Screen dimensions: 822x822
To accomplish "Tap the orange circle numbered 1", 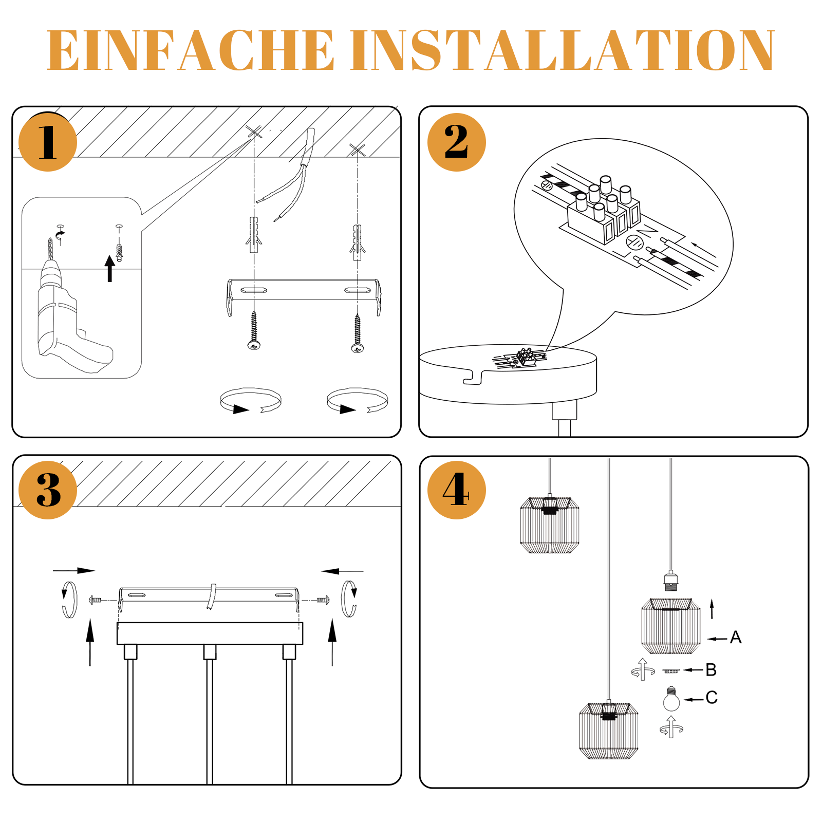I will (x=47, y=142).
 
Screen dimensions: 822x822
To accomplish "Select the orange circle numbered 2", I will (x=456, y=142).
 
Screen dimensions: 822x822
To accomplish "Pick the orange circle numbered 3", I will (x=47, y=490).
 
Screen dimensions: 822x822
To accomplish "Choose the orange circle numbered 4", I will (x=456, y=490).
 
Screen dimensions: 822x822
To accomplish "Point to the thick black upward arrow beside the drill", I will (x=109, y=268).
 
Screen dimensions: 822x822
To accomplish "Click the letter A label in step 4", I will (x=736, y=638).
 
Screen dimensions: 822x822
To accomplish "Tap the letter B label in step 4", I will (x=711, y=670).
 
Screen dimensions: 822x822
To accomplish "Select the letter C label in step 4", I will (x=711, y=698).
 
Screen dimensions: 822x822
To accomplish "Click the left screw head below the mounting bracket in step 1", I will (x=254, y=345).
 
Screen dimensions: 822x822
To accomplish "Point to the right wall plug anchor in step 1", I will (x=358, y=242).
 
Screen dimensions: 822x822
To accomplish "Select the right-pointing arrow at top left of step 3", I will (x=74, y=570).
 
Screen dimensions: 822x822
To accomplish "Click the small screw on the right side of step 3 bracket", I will (x=323, y=600).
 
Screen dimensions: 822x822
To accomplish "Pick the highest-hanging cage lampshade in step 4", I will (x=549, y=525).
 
